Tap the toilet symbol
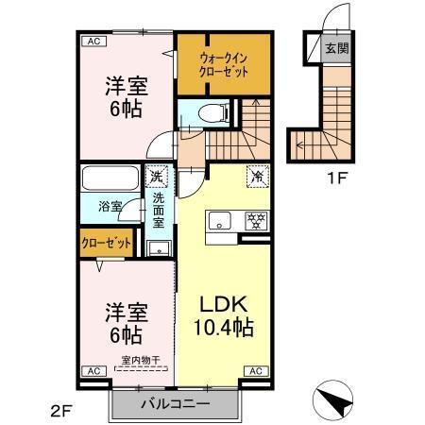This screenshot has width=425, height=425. coord(216,112)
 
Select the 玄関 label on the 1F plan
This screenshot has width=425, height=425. coord(337,49)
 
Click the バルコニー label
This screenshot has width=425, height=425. coord(175,404)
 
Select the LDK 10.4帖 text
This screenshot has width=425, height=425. coord(223,316)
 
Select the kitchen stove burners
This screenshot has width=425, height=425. coord(253,223)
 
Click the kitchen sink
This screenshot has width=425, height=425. coord(221,223)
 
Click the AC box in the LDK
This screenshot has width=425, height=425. coord(254,371)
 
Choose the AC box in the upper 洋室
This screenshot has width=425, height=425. coord(93,42)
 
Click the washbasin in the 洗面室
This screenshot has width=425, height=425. coord(158,248)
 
